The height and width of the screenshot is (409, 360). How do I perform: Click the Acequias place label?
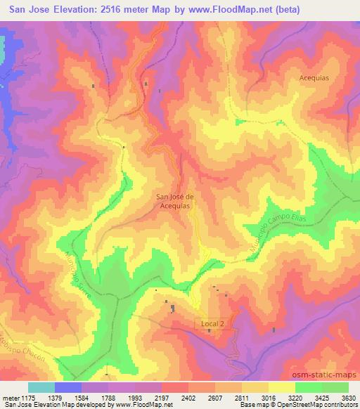[314, 79]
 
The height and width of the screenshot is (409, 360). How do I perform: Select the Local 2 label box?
[212, 323]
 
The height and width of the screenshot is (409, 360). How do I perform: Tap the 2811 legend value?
[253, 397]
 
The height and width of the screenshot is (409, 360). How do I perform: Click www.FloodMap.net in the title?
[225, 10]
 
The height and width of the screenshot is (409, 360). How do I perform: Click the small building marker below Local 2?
[209, 331]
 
